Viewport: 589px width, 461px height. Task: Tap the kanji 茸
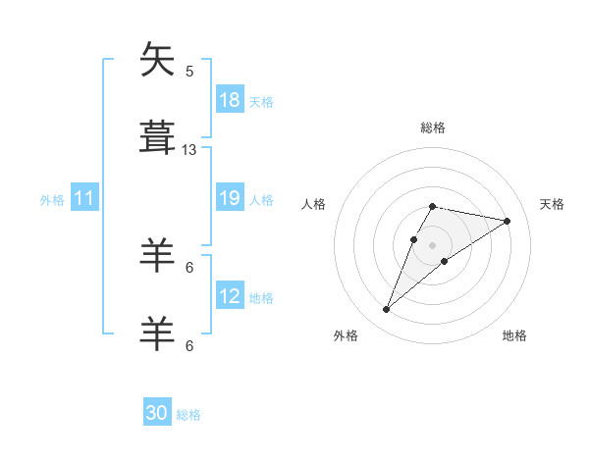158,136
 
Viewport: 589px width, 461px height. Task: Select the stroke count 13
189,150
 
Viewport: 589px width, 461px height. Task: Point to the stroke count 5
189,72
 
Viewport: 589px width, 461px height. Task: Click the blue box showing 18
230,100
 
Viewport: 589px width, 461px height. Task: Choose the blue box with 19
230,198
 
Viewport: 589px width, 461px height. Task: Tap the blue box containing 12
230,296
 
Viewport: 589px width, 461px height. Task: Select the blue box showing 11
84,198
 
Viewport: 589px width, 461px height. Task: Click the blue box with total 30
157,413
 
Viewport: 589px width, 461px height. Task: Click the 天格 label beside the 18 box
261,101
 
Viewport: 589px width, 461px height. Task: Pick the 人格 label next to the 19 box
261,199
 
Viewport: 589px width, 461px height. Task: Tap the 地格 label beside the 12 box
261,297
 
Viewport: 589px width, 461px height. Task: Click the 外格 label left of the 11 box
52,199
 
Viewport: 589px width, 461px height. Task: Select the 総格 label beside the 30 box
188,414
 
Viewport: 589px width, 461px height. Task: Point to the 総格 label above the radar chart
433,128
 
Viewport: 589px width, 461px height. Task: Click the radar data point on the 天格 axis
508,221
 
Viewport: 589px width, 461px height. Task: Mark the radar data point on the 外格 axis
386,310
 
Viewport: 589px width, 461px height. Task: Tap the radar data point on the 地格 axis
445,261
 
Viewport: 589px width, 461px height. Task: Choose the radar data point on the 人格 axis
413,238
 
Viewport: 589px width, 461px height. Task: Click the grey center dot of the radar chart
433,244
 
